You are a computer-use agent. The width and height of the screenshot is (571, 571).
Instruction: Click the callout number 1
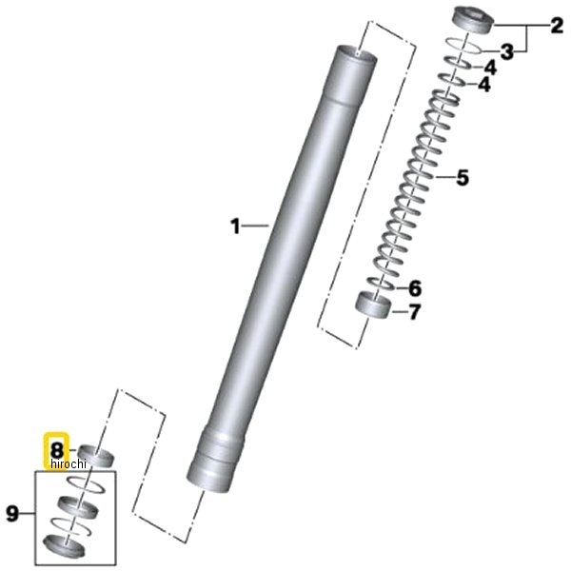point(236,226)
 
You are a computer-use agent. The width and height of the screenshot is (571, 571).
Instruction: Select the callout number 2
point(557,27)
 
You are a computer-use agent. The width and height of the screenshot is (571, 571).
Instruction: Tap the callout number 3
point(506,52)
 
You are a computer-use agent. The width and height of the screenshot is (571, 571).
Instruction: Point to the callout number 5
point(463,178)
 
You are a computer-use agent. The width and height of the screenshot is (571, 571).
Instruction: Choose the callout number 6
point(415,288)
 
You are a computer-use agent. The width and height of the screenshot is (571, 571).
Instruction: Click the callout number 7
point(414,312)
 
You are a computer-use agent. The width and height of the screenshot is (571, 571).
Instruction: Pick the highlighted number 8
point(57,450)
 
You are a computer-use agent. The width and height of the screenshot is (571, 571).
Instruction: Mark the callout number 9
point(12,514)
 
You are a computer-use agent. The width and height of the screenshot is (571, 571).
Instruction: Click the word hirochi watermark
point(69,464)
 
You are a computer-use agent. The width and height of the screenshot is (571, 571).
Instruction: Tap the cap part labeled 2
point(473,20)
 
